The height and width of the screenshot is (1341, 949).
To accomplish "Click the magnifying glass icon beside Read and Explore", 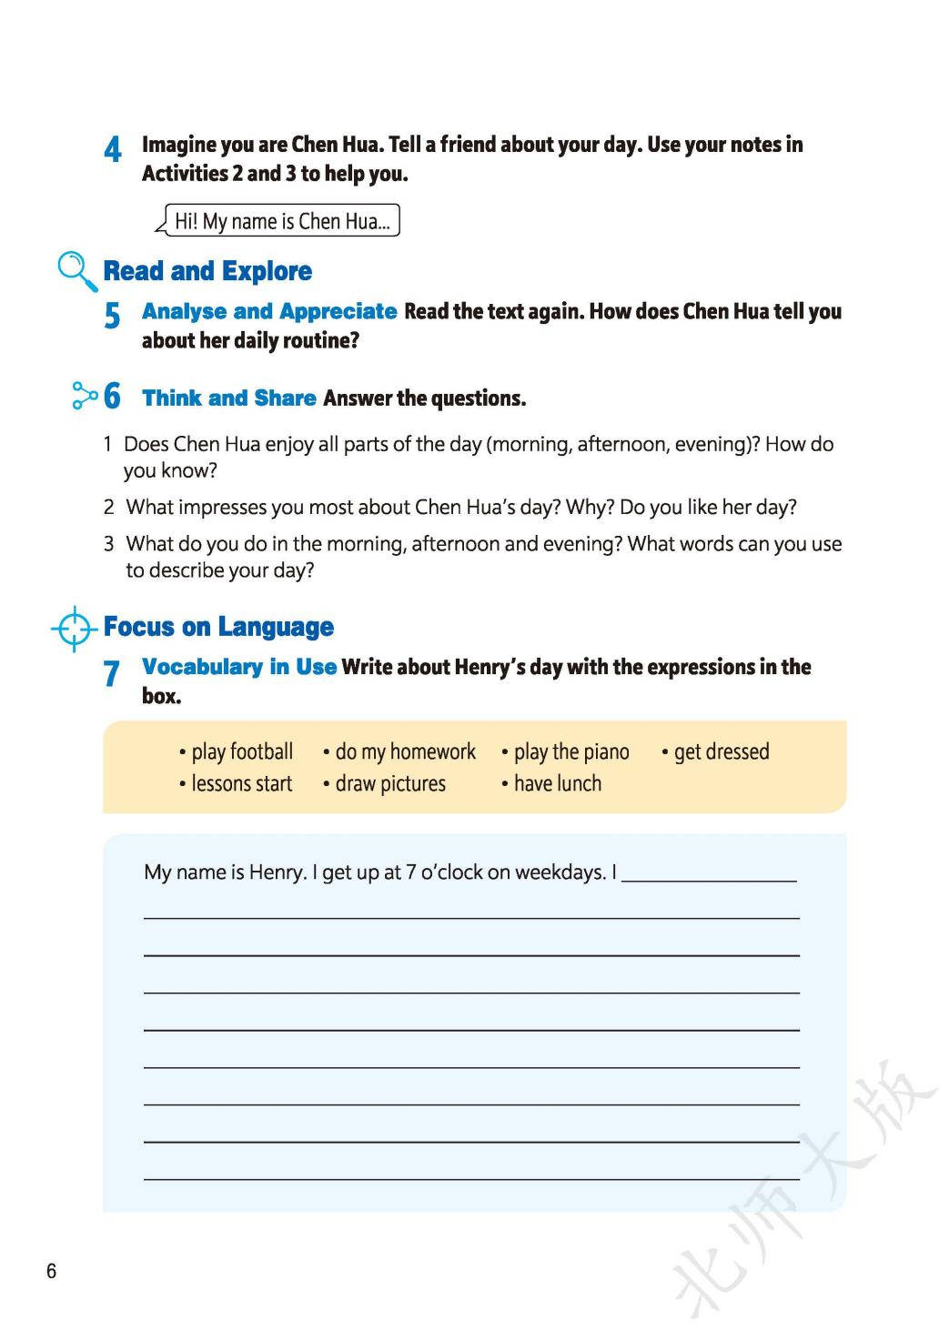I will click(76, 270).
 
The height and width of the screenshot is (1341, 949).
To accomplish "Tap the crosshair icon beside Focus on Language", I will click(74, 628).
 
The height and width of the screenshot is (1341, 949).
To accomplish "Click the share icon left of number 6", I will click(84, 396).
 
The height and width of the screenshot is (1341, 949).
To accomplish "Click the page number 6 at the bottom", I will click(52, 1271).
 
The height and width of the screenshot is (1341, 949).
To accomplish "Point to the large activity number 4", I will click(113, 149).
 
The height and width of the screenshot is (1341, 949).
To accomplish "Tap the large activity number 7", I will click(111, 673).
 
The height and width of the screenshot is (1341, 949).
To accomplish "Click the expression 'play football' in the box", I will click(242, 751).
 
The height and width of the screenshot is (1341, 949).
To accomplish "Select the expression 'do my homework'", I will click(405, 751).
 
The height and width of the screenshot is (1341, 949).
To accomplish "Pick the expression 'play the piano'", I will click(571, 751).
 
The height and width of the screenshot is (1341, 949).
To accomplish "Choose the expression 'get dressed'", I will click(722, 751).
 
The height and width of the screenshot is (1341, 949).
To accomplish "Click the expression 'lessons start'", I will click(242, 783).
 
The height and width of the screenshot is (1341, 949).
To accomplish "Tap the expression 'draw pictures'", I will click(390, 783).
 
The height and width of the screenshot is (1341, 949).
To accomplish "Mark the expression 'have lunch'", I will click(558, 783).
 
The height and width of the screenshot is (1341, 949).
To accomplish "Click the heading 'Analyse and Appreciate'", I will click(269, 311).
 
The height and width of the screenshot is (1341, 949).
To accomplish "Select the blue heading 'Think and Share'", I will click(229, 398).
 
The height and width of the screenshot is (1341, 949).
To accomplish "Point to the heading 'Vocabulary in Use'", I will click(239, 667).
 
